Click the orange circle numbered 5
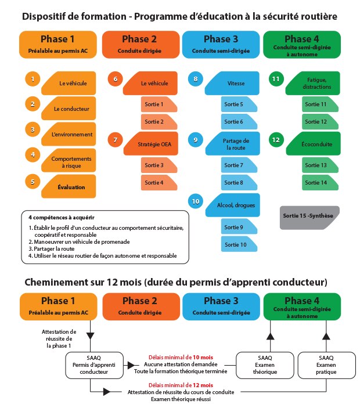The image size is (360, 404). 33,182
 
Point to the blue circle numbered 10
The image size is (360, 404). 196,201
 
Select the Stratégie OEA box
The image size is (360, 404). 153,143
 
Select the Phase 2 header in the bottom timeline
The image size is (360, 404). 139,305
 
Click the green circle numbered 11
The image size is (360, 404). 276,78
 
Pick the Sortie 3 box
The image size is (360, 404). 154,165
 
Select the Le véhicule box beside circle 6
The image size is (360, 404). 153,83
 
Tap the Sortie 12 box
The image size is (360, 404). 316,121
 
